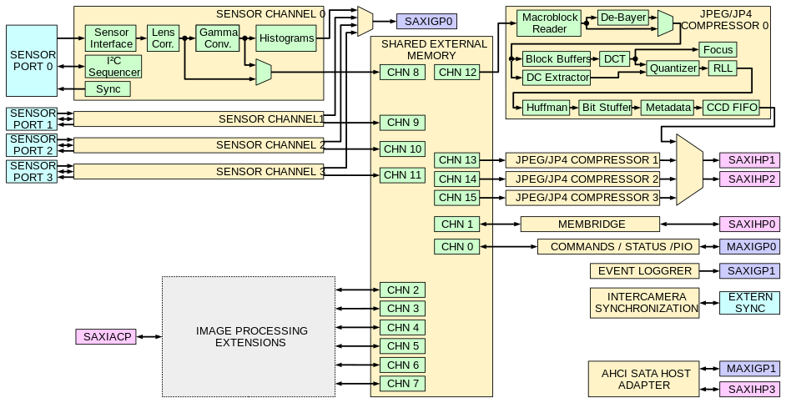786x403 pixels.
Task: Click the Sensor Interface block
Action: [x=112, y=38]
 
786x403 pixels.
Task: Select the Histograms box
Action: [x=286, y=38]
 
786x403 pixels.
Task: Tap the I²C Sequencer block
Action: [x=113, y=67]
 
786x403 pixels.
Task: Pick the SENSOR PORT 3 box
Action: [x=33, y=171]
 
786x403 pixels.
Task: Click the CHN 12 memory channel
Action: [x=456, y=73]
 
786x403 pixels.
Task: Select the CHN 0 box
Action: [x=457, y=247]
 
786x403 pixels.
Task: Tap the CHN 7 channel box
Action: [x=403, y=384]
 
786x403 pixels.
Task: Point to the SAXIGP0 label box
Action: [x=426, y=22]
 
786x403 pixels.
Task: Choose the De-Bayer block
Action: [x=622, y=18]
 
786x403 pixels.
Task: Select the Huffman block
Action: [x=547, y=108]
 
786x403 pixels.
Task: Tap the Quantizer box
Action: [x=673, y=68]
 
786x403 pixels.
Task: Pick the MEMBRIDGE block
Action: [x=591, y=224]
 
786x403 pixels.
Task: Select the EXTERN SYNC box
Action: [x=749, y=302]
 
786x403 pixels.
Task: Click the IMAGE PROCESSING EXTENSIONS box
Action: [x=248, y=336]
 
